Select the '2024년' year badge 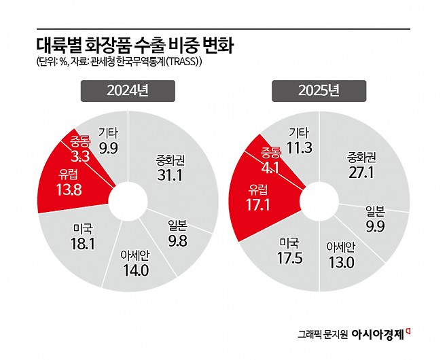point(128,91)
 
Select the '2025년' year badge point(319,91)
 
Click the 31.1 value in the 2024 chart point(166,176)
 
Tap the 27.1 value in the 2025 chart point(361,173)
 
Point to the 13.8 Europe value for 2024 point(67,190)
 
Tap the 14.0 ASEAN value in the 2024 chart point(135,270)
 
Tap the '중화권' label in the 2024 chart point(166,161)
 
